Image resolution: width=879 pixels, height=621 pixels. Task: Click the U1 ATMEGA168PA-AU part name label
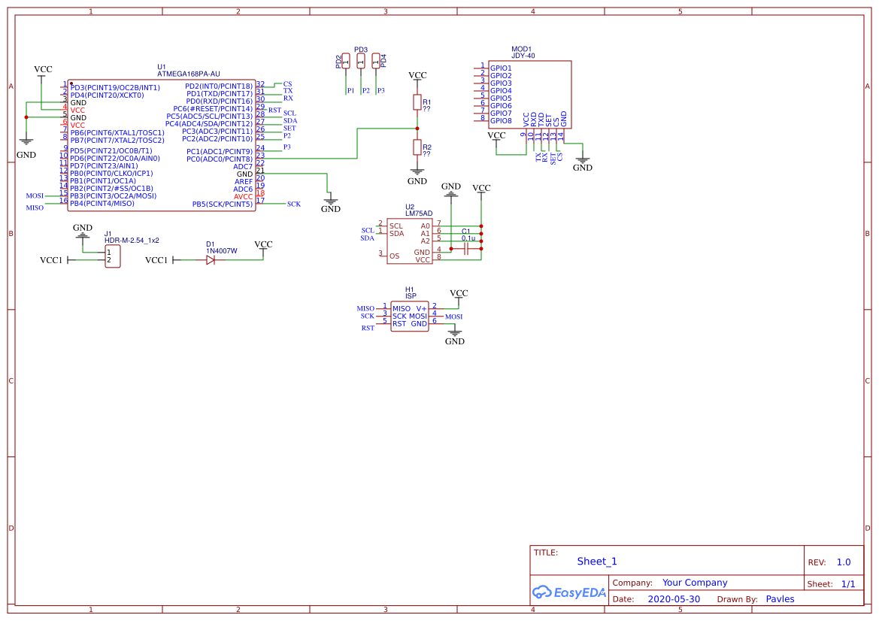[x=188, y=74]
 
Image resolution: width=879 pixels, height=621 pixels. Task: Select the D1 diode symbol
[x=211, y=259]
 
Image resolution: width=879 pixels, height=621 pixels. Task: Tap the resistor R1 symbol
[x=417, y=102]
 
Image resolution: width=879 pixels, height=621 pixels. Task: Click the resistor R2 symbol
[x=417, y=147]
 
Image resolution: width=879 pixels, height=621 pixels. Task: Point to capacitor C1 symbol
[x=466, y=248]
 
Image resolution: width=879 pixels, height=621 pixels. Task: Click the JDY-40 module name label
[x=523, y=56]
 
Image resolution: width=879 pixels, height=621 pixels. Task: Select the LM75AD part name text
[x=419, y=214]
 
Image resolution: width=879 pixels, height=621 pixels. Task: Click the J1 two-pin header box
[x=113, y=256]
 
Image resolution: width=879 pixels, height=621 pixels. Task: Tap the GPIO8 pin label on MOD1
[x=501, y=121]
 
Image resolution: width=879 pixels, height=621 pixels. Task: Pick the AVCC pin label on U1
[x=243, y=196]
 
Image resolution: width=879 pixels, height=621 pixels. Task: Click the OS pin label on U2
[x=394, y=256]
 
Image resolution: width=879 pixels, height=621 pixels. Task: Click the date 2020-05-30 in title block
[x=673, y=599]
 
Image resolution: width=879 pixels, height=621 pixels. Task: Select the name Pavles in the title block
[x=780, y=599]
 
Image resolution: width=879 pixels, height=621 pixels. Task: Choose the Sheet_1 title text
[x=597, y=562]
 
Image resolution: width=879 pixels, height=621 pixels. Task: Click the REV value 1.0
[x=843, y=562]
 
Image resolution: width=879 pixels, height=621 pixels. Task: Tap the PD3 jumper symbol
[x=361, y=60]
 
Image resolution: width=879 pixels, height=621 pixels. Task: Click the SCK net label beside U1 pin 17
[x=293, y=204]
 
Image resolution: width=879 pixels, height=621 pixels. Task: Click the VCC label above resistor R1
[x=417, y=76]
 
